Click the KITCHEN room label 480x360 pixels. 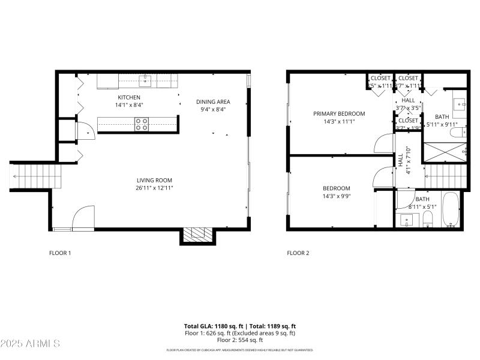[129, 97]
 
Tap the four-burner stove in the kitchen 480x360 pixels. [142, 124]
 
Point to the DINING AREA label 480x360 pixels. [213, 101]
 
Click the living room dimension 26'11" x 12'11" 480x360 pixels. [155, 188]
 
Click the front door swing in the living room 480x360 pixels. [83, 218]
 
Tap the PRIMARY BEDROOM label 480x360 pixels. [339, 113]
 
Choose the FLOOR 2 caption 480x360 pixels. [298, 253]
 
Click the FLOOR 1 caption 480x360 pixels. [60, 253]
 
